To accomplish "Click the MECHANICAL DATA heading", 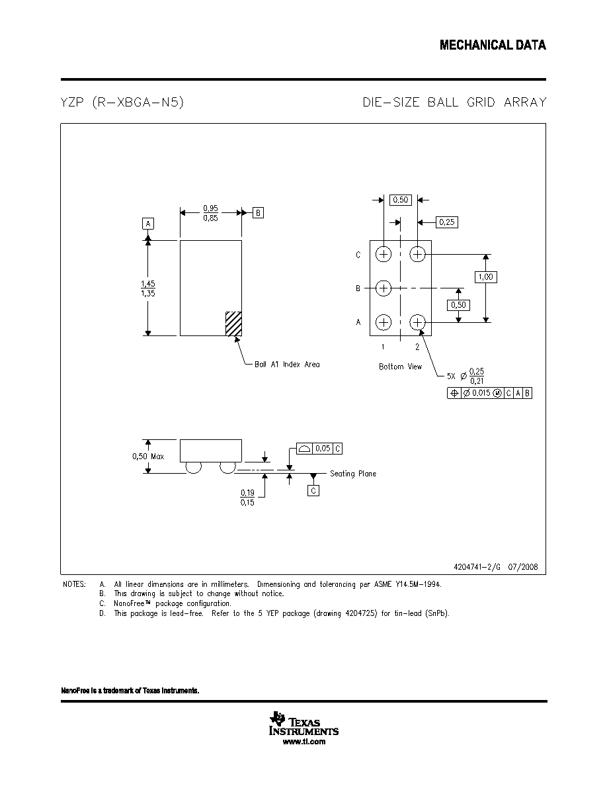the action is pos(493,45).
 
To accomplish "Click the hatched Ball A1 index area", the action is pos(233,324).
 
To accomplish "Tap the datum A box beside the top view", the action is pos(147,224).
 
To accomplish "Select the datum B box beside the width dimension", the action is pos(258,212).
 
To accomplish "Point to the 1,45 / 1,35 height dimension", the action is pos(147,288).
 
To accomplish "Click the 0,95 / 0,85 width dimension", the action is pos(210,213).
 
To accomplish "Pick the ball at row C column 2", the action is pos(418,254).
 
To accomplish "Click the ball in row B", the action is pos(383,288).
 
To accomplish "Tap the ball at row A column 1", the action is pos(383,322).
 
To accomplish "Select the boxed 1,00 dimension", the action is pos(485,277).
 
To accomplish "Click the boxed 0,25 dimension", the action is pos(447,222).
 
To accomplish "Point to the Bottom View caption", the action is pos(400,367).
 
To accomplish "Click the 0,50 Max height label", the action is pos(147,456).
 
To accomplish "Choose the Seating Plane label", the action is pos(352,473).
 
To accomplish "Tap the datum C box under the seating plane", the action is pos(313,490).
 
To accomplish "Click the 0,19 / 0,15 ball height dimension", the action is pos(247,498).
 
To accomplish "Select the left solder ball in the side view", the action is pos(193,467).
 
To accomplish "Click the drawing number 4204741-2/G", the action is pos(477,567).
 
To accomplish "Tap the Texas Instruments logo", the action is pos(303,723).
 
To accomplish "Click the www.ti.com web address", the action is pos(304,742).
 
